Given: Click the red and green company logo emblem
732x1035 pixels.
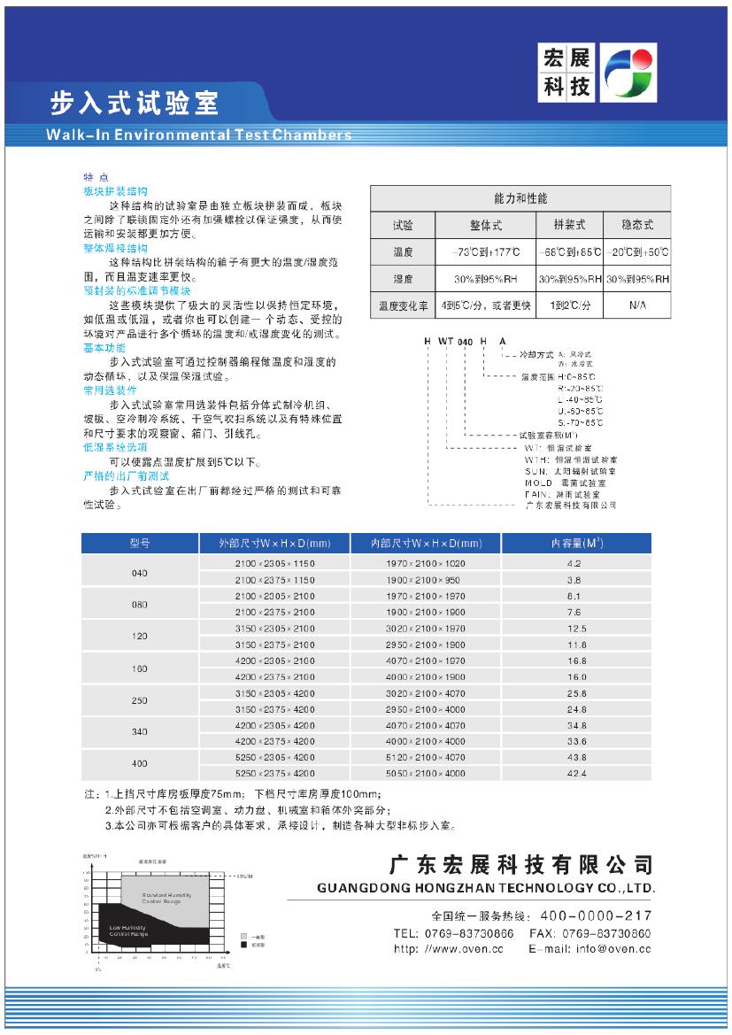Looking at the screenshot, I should tap(628, 73).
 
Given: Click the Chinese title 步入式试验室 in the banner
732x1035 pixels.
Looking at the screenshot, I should tap(134, 104).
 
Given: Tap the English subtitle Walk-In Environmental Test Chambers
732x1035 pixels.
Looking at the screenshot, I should tap(198, 135).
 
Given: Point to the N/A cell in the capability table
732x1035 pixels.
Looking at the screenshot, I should tap(637, 305).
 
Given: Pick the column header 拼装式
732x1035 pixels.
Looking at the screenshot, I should tap(569, 225).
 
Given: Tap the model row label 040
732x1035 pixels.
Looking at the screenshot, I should tap(140, 573).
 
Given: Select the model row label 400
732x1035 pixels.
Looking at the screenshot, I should tap(140, 763).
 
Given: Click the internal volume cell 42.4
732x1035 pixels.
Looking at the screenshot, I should tap(576, 773).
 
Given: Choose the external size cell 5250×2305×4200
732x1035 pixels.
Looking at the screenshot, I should tap(275, 758).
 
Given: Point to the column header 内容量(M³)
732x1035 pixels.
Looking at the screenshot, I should tap(576, 543).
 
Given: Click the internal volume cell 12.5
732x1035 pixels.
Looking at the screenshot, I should tap(576, 629).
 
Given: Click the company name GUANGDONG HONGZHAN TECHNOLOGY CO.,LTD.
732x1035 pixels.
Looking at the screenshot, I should tap(486, 888).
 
